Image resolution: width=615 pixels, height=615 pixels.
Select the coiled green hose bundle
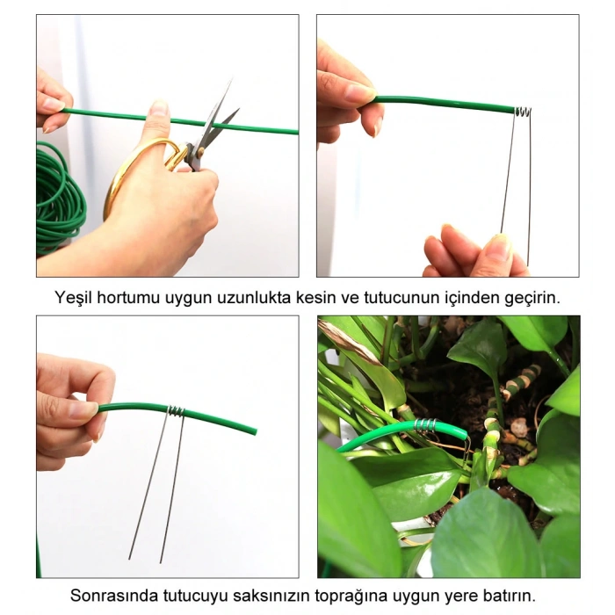pos(60,198)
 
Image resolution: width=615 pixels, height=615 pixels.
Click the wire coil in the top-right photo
pos(522,112)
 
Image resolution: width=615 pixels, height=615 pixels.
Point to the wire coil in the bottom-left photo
pos(176,410)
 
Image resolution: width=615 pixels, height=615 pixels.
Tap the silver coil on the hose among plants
pos(425,425)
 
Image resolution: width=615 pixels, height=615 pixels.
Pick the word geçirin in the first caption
pos(530,297)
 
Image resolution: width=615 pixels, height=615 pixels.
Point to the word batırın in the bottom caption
pos(507,596)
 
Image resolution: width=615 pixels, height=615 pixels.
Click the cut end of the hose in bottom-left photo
pos(254,430)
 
